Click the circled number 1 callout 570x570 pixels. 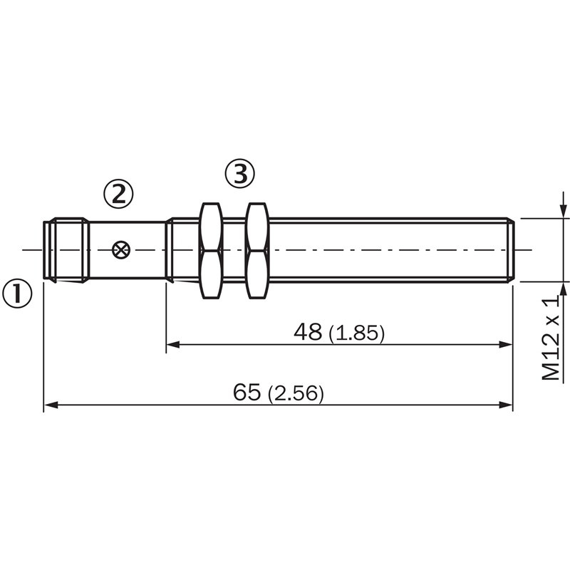click(x=17, y=294)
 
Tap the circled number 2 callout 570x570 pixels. click(x=118, y=194)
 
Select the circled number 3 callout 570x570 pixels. click(x=240, y=173)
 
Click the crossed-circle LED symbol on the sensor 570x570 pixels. click(x=121, y=250)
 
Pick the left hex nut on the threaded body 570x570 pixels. click(x=211, y=251)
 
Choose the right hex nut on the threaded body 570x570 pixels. click(x=257, y=251)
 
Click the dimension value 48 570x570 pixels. click(x=308, y=331)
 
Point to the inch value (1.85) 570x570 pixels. click(x=356, y=333)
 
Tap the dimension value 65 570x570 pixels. click(x=247, y=392)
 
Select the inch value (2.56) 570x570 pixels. click(x=296, y=393)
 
